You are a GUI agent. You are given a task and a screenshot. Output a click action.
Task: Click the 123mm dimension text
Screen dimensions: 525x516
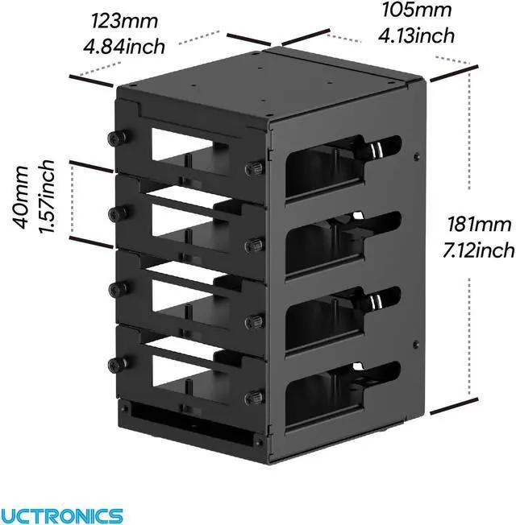tap(124, 20)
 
